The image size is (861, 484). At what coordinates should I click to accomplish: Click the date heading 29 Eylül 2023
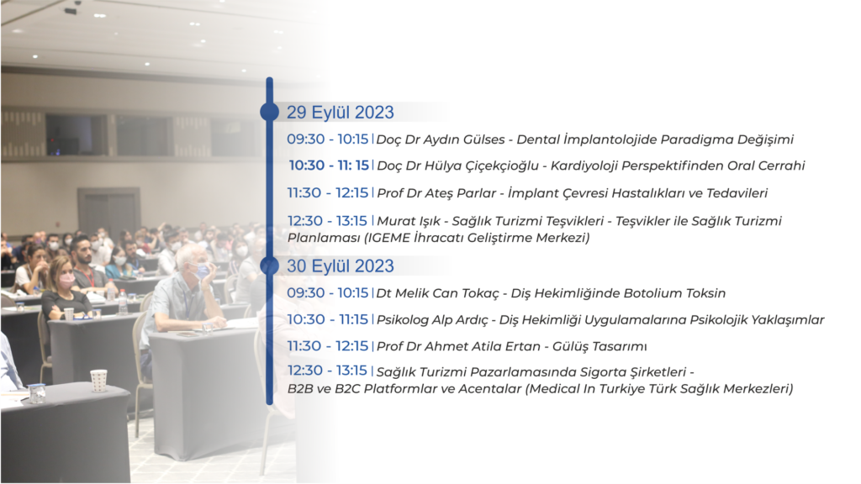point(341,113)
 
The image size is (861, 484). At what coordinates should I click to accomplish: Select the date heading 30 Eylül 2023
point(341,266)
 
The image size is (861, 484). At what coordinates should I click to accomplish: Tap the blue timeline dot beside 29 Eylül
point(269,112)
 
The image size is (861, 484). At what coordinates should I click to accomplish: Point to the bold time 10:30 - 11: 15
point(329,166)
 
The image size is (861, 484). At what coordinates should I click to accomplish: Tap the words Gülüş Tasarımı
point(600,346)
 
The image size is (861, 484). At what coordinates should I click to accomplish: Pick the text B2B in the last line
point(300,389)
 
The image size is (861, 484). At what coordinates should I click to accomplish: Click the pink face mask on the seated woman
point(67,281)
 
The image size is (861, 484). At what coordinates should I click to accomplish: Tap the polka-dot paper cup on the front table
point(99,381)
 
